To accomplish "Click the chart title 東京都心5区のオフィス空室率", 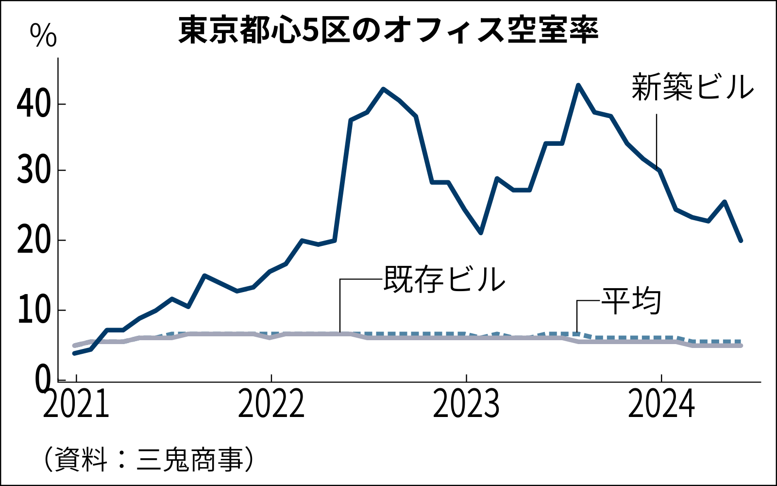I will (x=388, y=30).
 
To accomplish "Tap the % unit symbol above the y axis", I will (x=43, y=35).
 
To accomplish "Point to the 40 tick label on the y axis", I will (x=34, y=104).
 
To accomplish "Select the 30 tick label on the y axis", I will (x=34, y=171).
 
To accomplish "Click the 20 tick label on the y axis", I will (x=34, y=240).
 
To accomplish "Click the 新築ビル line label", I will (x=693, y=88).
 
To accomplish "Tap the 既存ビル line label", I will (x=444, y=279).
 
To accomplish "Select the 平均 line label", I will (x=631, y=301).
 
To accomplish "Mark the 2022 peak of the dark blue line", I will (x=384, y=89).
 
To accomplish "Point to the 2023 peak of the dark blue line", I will (x=578, y=85).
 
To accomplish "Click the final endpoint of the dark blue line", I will (x=741, y=240).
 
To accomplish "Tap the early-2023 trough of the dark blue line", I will (x=481, y=233).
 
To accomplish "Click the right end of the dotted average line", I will (x=740, y=342).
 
